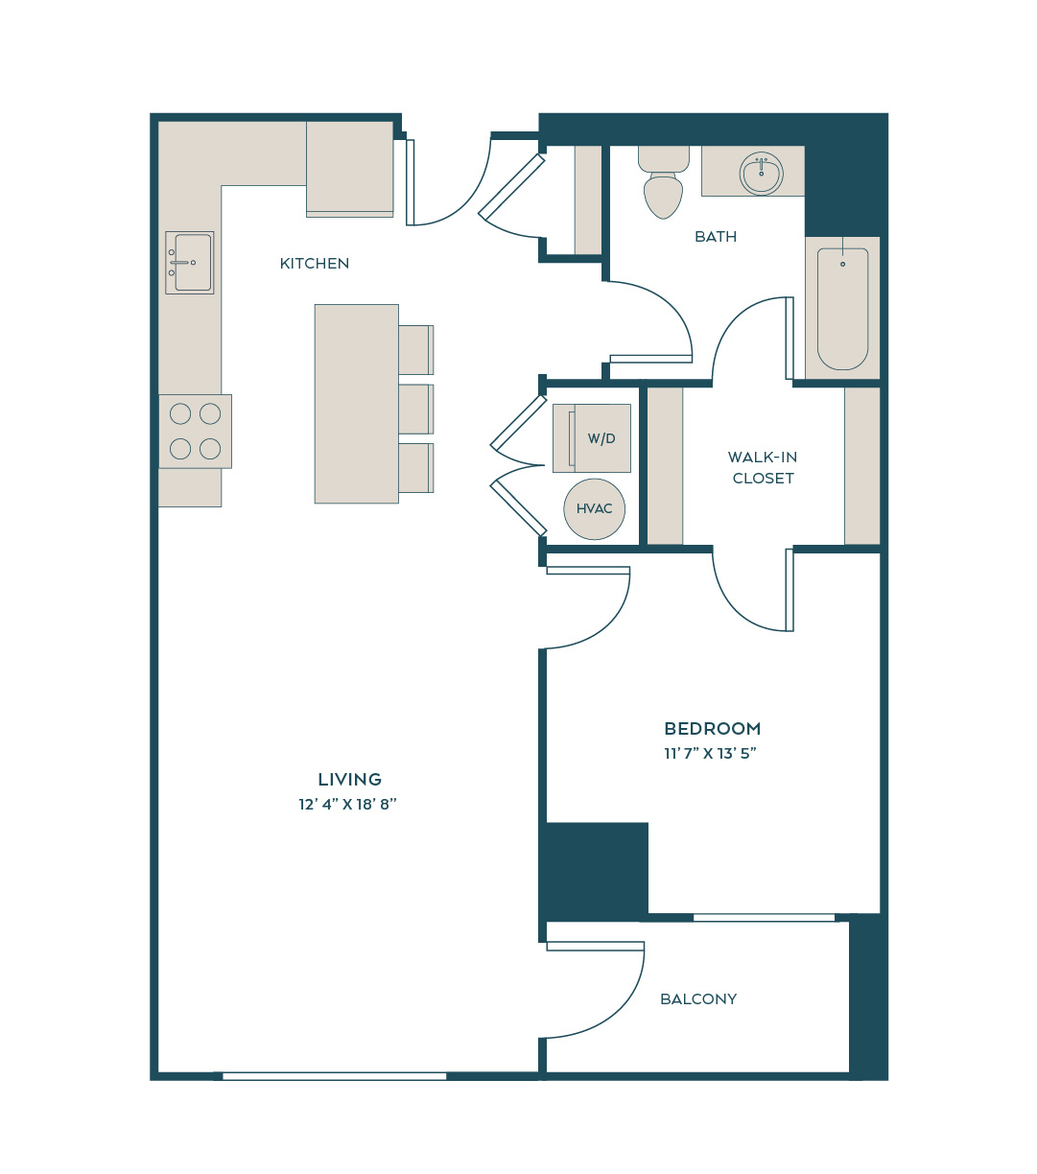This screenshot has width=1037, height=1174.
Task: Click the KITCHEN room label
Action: [x=315, y=264]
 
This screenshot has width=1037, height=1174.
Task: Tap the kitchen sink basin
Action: [x=190, y=263]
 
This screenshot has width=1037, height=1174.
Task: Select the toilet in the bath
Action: [x=664, y=182]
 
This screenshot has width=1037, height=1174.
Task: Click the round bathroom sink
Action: [x=761, y=174]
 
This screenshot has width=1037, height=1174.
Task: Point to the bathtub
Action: [x=842, y=309]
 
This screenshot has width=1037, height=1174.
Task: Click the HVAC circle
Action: [x=594, y=508]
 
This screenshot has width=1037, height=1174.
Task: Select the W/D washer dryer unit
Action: [x=592, y=438]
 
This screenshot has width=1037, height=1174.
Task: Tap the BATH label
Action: [x=716, y=236]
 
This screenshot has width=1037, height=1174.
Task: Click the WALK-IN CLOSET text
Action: [x=763, y=468]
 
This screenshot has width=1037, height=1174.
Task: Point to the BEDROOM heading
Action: [x=713, y=728]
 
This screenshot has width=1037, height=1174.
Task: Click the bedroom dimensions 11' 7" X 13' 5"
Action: [x=710, y=753]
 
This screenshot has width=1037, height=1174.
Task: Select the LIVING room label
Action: [x=349, y=780]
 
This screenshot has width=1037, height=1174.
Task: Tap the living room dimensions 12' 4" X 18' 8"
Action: [x=348, y=805]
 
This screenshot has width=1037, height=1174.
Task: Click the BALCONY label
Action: [x=698, y=999]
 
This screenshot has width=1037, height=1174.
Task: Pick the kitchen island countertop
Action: [x=357, y=404]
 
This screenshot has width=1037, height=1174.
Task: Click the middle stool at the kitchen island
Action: [x=416, y=410]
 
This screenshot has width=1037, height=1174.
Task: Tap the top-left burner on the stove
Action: [x=180, y=413]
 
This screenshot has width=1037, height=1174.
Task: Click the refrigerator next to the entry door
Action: [x=349, y=169]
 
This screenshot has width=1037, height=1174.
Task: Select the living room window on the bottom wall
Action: [x=335, y=1076]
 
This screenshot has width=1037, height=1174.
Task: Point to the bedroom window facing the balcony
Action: [x=764, y=917]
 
